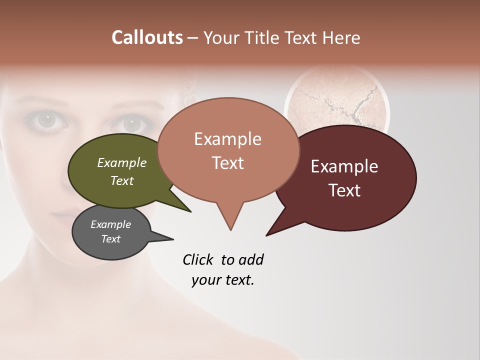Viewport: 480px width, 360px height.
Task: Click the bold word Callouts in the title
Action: point(147,37)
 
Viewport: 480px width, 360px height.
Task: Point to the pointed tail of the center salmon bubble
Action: point(230,229)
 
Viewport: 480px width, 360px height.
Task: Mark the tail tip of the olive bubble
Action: point(190,211)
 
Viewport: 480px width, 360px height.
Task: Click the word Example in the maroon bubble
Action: point(344,166)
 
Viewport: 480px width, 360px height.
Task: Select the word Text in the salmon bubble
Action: point(228,163)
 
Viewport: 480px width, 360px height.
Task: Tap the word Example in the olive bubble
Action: point(122,163)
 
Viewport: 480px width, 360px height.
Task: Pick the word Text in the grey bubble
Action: point(111,239)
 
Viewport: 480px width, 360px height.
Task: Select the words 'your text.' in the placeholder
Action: point(223,280)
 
